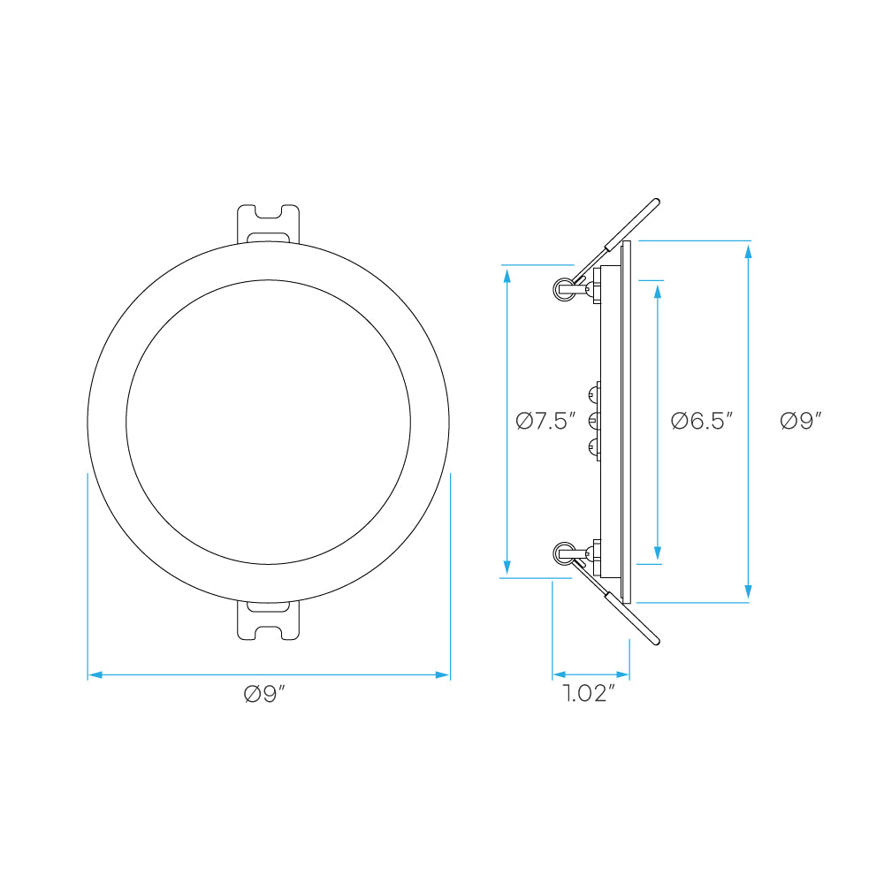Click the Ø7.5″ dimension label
[545, 421]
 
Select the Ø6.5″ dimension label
[701, 421]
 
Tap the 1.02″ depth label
[589, 693]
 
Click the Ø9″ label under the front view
[264, 694]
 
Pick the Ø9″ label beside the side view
[801, 421]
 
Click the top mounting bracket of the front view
[268, 224]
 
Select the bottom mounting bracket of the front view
[268, 621]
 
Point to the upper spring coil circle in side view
[564, 290]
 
